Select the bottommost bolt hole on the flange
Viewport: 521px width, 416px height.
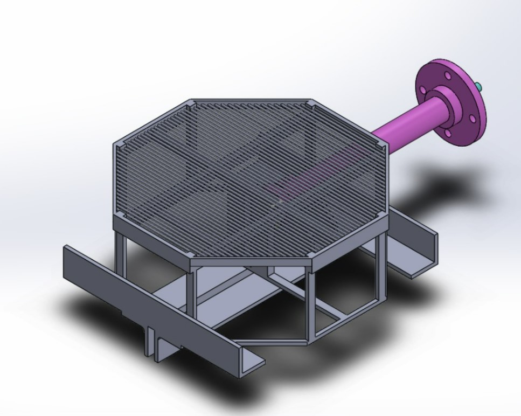[447, 132]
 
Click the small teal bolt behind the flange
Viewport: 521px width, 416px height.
[478, 86]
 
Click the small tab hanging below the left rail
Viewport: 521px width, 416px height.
[154, 344]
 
